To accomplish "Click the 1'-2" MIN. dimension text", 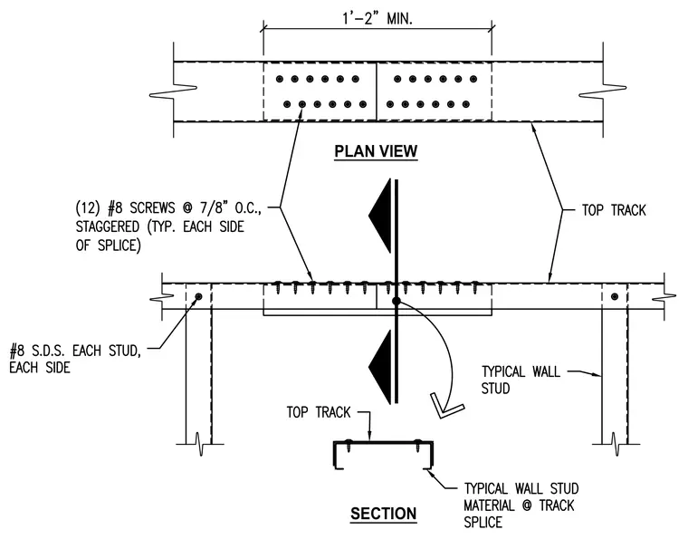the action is [x=377, y=19].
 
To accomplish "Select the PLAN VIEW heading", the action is [x=376, y=151].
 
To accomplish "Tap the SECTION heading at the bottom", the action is [x=383, y=514].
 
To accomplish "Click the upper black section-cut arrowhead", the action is [x=380, y=216].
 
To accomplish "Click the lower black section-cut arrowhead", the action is [x=380, y=367].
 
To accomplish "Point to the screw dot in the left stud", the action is [x=198, y=297].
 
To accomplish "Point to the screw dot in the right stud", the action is [x=615, y=297].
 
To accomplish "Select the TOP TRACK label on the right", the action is [x=614, y=210].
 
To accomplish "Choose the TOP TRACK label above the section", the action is [x=319, y=412].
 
